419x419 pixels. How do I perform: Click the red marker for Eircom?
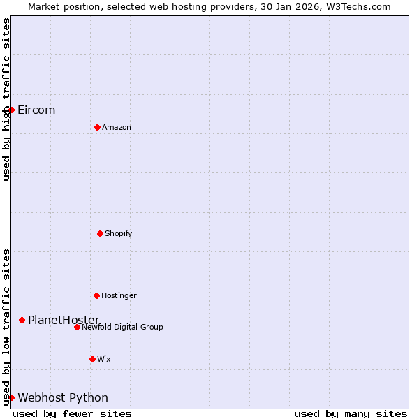(11, 110)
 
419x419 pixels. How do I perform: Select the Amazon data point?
(97, 127)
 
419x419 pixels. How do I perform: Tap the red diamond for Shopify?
(100, 233)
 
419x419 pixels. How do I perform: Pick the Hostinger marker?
(96, 295)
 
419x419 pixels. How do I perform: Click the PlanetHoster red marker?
(22, 320)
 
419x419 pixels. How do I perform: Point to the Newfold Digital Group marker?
(77, 327)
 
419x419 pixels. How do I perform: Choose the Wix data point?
(92, 359)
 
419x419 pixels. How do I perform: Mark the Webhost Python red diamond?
(11, 397)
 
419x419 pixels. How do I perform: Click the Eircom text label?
(36, 110)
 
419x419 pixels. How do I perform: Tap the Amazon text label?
(117, 127)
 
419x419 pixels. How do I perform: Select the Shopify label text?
(119, 233)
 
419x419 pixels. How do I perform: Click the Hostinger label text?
(119, 295)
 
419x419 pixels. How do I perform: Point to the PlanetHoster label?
(64, 320)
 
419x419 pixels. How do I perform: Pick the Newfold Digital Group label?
(122, 327)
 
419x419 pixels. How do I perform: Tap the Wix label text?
(104, 359)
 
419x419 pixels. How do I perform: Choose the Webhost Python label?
(63, 397)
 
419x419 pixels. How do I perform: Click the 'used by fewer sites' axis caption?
(72, 413)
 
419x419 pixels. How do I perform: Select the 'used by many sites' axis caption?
(351, 413)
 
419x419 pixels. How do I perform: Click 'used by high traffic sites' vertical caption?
(6, 99)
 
